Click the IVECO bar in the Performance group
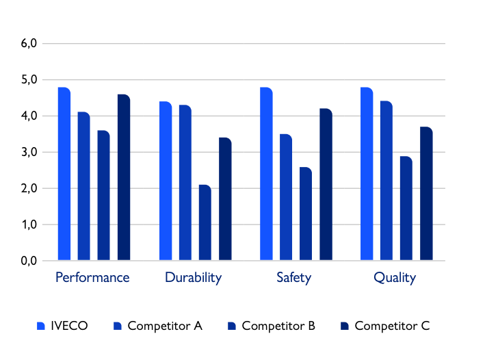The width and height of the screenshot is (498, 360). click(64, 174)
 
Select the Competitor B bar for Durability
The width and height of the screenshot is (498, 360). click(205, 222)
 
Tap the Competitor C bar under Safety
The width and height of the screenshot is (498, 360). click(326, 185)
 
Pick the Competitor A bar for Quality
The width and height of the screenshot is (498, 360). click(386, 181)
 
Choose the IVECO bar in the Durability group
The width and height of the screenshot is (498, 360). click(166, 181)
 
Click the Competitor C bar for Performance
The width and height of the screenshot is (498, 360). click(124, 177)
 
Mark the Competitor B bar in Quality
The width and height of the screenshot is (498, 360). click(406, 208)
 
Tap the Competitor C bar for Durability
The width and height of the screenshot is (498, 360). click(225, 199)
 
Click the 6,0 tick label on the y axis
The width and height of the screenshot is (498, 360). click(29, 44)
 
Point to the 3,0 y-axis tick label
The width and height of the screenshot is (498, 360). click(29, 152)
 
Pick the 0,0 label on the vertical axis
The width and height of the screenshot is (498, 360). click(29, 261)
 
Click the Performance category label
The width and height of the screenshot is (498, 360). click(92, 277)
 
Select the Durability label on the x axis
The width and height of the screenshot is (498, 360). click(194, 277)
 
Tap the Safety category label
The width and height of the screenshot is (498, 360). click(294, 277)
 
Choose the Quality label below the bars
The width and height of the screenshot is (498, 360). click(395, 277)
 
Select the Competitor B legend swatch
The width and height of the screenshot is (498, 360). click(231, 326)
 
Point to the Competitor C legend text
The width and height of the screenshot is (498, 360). click(392, 326)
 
